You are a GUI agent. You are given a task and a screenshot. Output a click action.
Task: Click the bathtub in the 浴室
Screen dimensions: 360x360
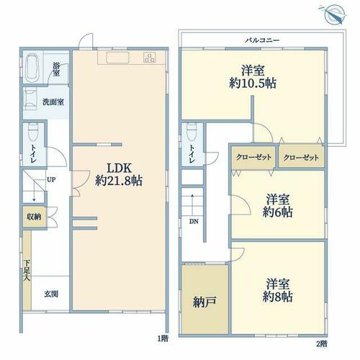(x=32, y=68)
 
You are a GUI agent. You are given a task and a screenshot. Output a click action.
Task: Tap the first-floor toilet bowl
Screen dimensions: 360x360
(x=33, y=132)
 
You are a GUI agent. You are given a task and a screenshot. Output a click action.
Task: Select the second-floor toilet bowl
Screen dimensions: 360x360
(x=192, y=132)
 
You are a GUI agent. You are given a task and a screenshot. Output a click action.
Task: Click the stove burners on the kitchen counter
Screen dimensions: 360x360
(x=149, y=58)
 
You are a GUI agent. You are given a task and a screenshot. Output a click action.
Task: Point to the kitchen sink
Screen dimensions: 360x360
(x=118, y=58)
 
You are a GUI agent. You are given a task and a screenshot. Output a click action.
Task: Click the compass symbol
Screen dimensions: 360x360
(x=333, y=14)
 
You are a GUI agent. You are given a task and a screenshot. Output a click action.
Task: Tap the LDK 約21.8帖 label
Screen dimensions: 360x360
(x=119, y=174)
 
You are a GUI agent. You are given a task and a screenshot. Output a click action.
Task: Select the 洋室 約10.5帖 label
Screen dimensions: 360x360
(x=253, y=77)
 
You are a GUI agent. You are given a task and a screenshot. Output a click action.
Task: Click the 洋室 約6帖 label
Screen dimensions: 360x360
(x=277, y=206)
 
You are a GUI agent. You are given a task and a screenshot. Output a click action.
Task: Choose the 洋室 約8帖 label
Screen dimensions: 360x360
(x=277, y=290)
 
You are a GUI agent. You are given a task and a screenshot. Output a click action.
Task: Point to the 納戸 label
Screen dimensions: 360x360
(x=204, y=302)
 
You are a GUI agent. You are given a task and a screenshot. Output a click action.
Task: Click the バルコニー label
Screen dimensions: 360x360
(x=262, y=40)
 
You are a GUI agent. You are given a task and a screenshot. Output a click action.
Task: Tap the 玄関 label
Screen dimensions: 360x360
(x=51, y=294)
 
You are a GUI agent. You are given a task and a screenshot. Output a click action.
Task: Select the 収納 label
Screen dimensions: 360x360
(x=34, y=217)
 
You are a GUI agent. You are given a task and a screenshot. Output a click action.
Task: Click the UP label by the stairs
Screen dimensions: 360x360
(x=51, y=180)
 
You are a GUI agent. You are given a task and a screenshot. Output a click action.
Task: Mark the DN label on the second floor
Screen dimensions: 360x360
(x=194, y=222)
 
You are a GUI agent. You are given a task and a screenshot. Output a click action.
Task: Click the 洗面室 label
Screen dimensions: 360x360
(x=53, y=102)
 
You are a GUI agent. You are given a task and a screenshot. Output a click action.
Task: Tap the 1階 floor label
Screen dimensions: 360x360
(x=163, y=338)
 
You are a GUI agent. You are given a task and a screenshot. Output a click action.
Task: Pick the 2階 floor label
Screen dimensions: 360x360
(x=322, y=344)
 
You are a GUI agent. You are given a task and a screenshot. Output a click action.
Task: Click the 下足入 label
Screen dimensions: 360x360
(x=27, y=271)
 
